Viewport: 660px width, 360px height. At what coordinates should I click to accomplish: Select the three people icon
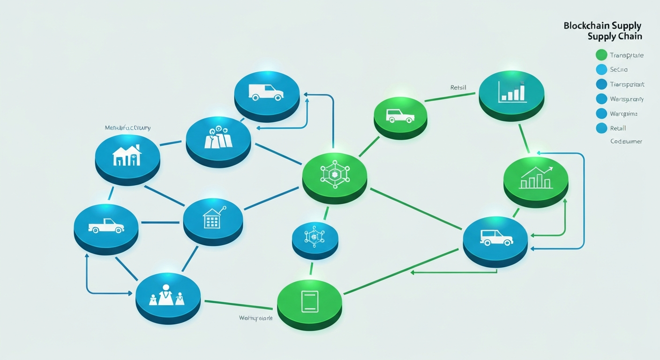pos(167,296)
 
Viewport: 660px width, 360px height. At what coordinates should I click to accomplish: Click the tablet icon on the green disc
pos(309,301)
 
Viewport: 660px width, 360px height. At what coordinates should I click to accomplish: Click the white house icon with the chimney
pos(127,155)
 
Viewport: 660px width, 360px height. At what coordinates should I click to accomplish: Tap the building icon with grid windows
pos(211,218)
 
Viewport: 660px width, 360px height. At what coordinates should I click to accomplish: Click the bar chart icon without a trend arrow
pos(511,91)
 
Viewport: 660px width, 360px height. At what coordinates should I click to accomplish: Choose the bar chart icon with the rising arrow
pos(536,178)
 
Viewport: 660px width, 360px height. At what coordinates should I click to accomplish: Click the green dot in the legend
pos(601,55)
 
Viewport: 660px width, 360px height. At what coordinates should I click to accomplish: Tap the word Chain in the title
pos(630,37)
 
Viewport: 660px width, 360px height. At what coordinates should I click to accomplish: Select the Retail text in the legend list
pos(618,128)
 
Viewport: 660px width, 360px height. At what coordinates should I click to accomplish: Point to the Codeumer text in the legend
pos(626,141)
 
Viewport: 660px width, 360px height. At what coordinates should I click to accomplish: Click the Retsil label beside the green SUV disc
pos(459,88)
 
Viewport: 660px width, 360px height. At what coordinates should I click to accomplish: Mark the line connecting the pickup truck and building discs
pos(160,222)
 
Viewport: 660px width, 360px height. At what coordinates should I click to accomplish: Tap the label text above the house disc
pos(128,128)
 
